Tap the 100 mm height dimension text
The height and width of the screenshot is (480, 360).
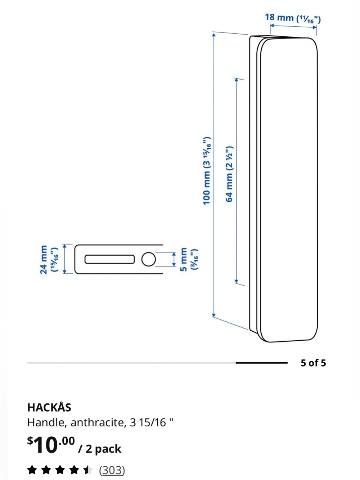[x=207, y=171]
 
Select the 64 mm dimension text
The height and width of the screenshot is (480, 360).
[x=229, y=174]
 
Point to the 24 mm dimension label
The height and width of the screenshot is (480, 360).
[x=49, y=259]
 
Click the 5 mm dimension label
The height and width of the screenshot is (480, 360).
[x=189, y=259]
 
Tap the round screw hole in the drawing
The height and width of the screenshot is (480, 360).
[x=149, y=259]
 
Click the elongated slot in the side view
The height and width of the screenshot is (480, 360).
[x=109, y=259]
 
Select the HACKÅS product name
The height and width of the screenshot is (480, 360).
[x=49, y=408]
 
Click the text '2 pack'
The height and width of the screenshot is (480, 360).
[x=103, y=449]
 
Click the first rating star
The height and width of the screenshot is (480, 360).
[x=32, y=470]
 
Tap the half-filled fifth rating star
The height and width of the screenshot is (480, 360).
[x=88, y=470]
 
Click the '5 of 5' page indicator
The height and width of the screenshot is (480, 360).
[x=313, y=363]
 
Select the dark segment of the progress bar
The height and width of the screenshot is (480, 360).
[x=262, y=363]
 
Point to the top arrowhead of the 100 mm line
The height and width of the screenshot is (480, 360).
[x=214, y=34]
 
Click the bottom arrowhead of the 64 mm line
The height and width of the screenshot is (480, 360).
[x=236, y=281]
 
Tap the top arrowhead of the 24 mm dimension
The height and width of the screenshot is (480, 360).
[x=64, y=246]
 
